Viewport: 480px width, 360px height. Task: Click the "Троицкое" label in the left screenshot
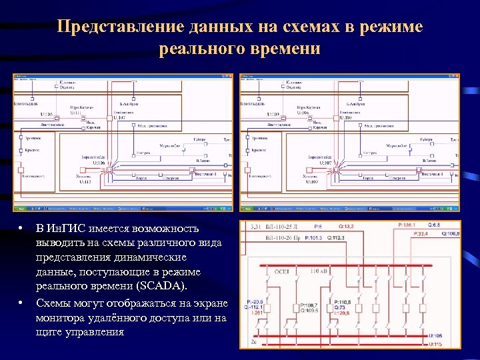point(30,138)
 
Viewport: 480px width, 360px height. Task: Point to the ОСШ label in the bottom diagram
point(281,272)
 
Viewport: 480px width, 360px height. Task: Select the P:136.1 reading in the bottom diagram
point(406,225)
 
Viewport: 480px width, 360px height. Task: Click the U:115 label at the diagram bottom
point(436,344)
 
